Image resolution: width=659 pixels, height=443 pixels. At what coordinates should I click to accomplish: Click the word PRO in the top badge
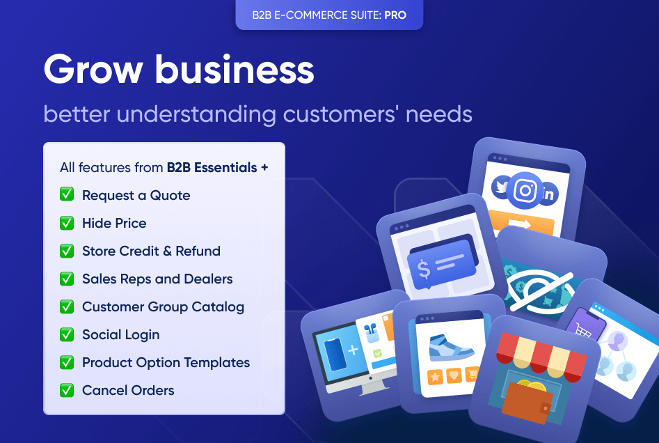[x=395, y=14]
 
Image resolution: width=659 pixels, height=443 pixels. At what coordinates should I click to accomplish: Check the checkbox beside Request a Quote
[x=67, y=195]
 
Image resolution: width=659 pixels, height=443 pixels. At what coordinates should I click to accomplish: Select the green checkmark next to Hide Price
[x=67, y=223]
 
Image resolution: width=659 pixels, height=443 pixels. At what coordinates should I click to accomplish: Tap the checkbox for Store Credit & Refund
[x=67, y=251]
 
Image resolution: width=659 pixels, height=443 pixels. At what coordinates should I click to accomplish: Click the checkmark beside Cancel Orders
[x=67, y=390]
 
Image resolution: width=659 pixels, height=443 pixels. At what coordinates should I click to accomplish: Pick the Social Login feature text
[x=120, y=334]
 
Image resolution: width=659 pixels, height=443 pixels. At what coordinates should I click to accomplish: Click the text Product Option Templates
[x=166, y=362]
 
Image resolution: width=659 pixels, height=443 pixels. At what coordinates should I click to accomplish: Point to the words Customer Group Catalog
[x=163, y=306]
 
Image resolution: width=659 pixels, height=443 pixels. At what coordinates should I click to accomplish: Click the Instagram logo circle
[x=525, y=190]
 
